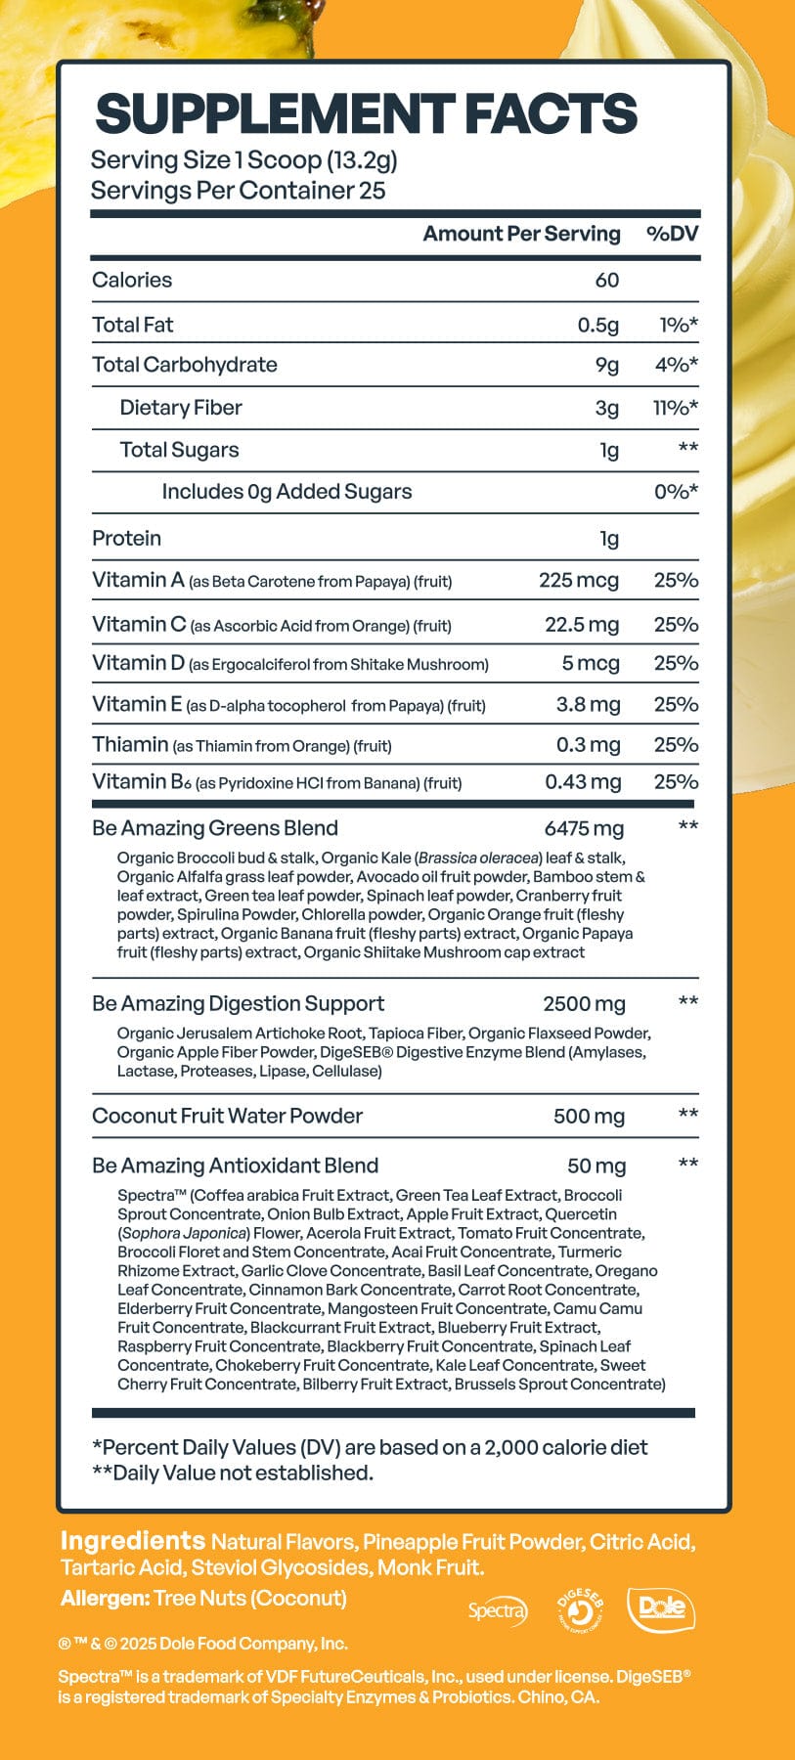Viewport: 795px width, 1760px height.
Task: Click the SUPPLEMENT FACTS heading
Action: pyautogui.click(x=366, y=114)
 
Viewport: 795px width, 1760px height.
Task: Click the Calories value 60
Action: pyautogui.click(x=606, y=281)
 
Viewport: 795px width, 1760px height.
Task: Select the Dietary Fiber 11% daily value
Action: pyautogui.click(x=675, y=408)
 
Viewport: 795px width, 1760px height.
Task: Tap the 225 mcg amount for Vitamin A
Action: pyautogui.click(x=578, y=581)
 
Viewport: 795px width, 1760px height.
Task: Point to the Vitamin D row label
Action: pyautogui.click(x=138, y=664)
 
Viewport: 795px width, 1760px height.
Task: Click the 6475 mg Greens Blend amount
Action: pyautogui.click(x=583, y=829)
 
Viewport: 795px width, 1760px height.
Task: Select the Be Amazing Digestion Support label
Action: pyautogui.click(x=238, y=1004)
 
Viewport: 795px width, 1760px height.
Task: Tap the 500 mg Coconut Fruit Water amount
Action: pyautogui.click(x=588, y=1117)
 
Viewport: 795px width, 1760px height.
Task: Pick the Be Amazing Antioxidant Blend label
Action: pyautogui.click(x=235, y=1166)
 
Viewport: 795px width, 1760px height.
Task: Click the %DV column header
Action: pyautogui.click(x=673, y=235)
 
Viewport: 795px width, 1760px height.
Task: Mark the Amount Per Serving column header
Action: pyautogui.click(x=521, y=235)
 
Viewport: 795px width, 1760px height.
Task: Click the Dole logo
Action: pyautogui.click(x=661, y=1607)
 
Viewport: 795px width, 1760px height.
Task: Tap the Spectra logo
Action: pyautogui.click(x=497, y=1610)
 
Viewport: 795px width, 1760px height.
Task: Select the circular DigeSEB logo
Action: pyautogui.click(x=579, y=1609)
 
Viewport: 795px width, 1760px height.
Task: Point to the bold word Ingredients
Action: pyautogui.click(x=132, y=1541)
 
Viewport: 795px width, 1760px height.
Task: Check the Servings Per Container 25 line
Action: pyautogui.click(x=238, y=191)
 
